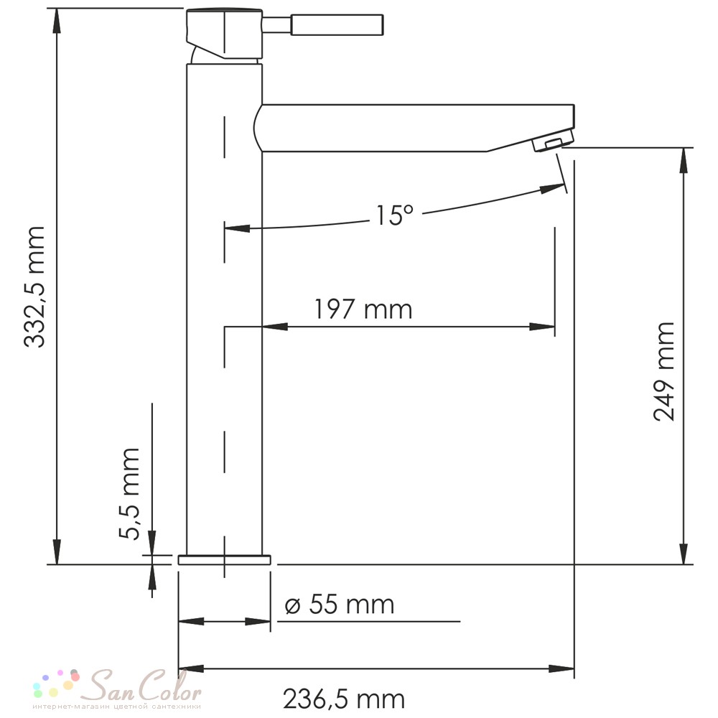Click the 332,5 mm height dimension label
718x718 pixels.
(34, 287)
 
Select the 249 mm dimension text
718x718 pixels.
(664, 371)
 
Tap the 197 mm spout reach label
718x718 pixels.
(363, 309)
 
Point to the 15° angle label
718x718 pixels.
(394, 215)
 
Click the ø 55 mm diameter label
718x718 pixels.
(340, 605)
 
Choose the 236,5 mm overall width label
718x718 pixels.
(344, 699)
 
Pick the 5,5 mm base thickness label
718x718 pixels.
(129, 494)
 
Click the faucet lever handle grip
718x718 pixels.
(337, 24)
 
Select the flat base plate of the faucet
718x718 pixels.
(224, 559)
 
